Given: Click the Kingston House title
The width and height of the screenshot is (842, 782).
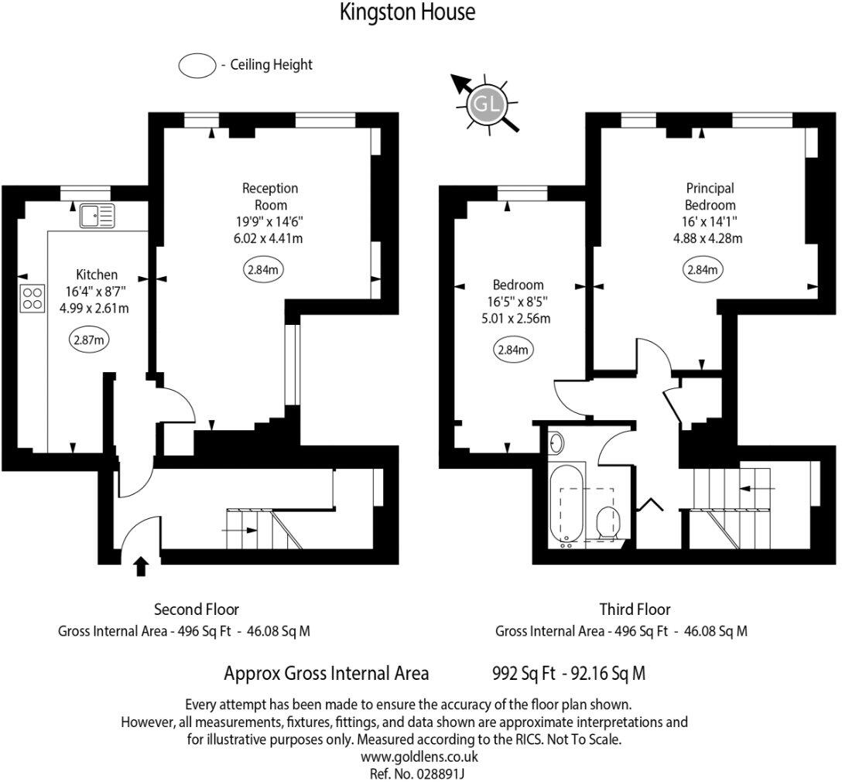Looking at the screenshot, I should (408, 13).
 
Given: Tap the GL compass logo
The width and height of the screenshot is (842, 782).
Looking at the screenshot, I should (486, 105).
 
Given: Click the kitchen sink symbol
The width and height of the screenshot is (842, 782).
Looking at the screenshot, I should (96, 216).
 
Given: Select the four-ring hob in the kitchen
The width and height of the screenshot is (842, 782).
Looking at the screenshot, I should (33, 298).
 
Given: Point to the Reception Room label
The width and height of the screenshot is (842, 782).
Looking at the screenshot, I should (270, 196).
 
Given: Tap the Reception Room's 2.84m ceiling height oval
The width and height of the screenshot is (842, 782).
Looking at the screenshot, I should (264, 270).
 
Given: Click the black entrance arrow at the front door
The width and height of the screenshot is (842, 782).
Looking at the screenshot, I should (141, 566).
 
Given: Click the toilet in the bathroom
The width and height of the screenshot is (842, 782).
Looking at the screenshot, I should (608, 523).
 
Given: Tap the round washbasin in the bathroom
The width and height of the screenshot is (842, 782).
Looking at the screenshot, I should (556, 443).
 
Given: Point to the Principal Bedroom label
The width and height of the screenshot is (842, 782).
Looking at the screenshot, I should (710, 196).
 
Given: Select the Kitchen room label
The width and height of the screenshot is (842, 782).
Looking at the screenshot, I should (97, 275).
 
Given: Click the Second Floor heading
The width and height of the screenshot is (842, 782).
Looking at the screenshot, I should (197, 610).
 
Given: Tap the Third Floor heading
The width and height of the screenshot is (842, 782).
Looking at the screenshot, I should (635, 610).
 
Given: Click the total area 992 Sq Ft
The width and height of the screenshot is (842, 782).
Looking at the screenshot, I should (524, 673).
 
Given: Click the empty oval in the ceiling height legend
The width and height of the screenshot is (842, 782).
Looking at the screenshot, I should (197, 66).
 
